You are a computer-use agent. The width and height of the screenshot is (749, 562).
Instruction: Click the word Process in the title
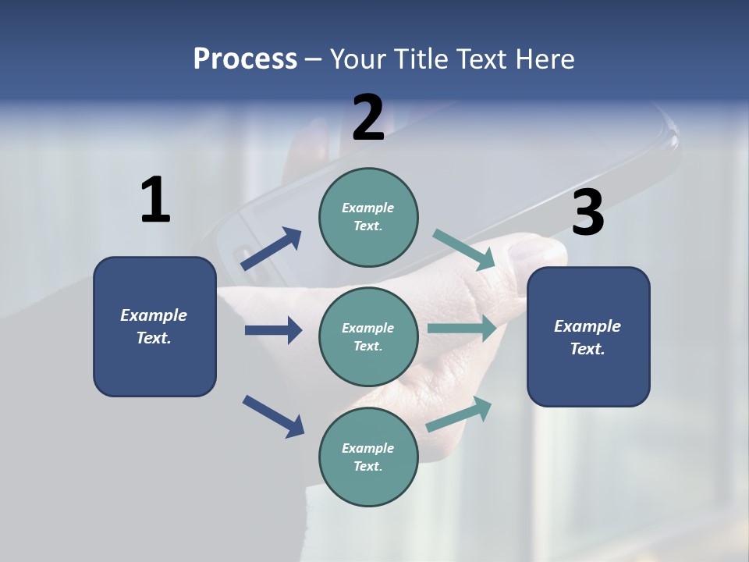pyautogui.click(x=245, y=59)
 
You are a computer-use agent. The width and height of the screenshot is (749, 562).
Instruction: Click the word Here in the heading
pyautogui.click(x=545, y=59)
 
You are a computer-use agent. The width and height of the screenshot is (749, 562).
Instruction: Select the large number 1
pyautogui.click(x=156, y=199)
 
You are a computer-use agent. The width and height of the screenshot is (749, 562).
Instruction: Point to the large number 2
pyautogui.click(x=368, y=117)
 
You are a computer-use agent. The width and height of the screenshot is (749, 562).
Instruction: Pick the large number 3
pyautogui.click(x=588, y=212)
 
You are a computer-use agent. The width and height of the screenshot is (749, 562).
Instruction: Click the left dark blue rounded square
pyautogui.click(x=154, y=327)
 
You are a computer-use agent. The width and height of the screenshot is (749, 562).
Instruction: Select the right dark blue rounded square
pyautogui.click(x=588, y=337)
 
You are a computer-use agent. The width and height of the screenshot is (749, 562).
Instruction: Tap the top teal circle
pyautogui.click(x=368, y=218)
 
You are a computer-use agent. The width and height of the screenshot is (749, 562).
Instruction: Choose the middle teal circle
pyautogui.click(x=368, y=337)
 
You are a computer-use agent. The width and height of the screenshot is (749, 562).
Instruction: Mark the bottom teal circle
pyautogui.click(x=368, y=457)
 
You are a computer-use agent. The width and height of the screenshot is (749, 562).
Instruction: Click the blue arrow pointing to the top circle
pyautogui.click(x=271, y=248)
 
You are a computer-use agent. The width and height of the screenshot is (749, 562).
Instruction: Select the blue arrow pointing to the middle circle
pyautogui.click(x=274, y=330)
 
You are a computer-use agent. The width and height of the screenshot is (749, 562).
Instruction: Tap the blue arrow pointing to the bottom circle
pyautogui.click(x=273, y=417)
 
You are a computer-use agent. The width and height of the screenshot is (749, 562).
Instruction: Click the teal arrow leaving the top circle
pyautogui.click(x=463, y=250)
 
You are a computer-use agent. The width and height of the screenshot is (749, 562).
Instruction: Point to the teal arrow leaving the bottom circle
pyautogui.click(x=459, y=414)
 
